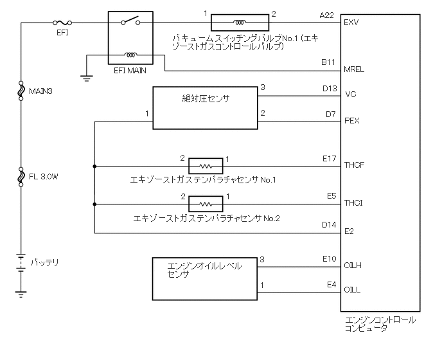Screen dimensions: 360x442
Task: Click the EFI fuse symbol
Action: (x=64, y=22)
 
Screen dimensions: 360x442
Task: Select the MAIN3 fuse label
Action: (x=40, y=91)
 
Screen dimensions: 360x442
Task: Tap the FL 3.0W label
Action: (x=43, y=175)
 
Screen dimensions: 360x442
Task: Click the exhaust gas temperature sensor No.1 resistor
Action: (x=206, y=166)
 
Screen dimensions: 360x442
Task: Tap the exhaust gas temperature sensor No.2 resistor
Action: (x=206, y=204)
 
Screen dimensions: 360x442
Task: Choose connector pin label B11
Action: (x=328, y=63)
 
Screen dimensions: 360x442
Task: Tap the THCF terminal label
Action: (x=355, y=165)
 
